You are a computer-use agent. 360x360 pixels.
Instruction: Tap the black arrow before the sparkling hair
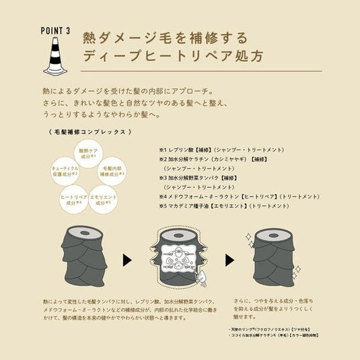pyautogui.click(x=228, y=260)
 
